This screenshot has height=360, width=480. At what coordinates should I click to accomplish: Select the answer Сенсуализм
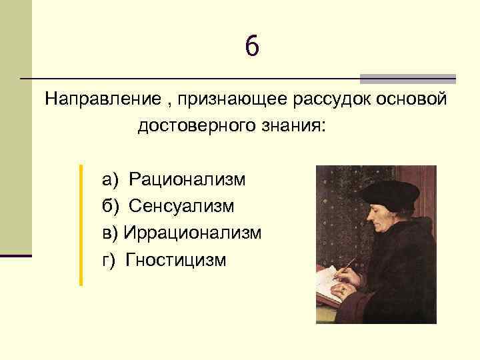[181, 206]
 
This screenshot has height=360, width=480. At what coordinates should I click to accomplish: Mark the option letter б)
[110, 206]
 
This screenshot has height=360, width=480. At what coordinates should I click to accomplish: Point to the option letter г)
[109, 259]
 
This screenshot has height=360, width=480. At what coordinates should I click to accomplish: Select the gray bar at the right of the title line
[407, 78]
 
